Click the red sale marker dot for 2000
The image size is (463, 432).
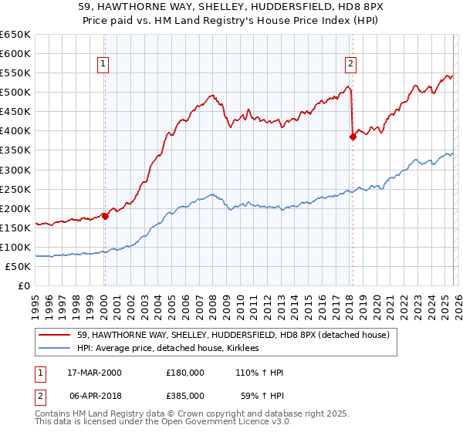pyautogui.click(x=105, y=216)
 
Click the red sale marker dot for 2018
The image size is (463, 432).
pyautogui.click(x=353, y=137)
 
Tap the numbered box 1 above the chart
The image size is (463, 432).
pyautogui.click(x=103, y=64)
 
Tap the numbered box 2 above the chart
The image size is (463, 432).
pyautogui.click(x=350, y=64)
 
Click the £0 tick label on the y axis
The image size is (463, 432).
pyautogui.click(x=24, y=285)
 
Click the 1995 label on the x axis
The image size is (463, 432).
pyautogui.click(x=36, y=303)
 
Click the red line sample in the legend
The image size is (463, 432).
pyautogui.click(x=55, y=335)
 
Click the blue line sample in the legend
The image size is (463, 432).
pyautogui.click(x=55, y=349)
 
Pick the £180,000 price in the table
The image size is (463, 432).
pyautogui.click(x=185, y=373)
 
